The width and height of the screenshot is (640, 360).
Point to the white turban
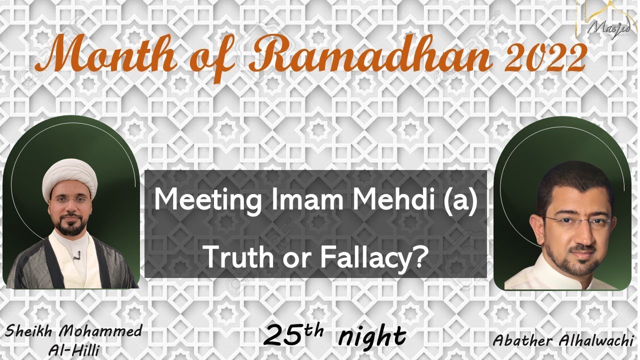pyautogui.click(x=69, y=177)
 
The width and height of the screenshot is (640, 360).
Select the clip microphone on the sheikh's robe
pyautogui.click(x=76, y=257)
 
